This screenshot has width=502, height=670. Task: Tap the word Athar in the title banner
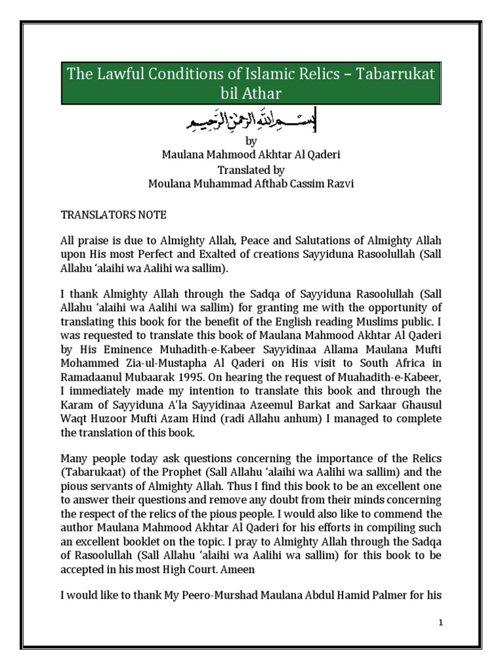[x=263, y=95]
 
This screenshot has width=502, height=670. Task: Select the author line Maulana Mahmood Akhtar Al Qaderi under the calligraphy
[x=250, y=154]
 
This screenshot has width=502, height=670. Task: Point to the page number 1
[x=441, y=622]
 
